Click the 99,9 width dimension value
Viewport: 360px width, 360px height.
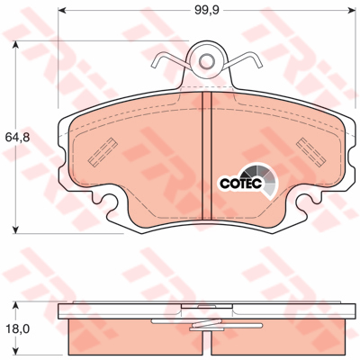[207, 10]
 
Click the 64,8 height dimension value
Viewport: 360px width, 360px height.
[17, 138]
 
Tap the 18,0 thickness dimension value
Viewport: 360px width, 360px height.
[17, 329]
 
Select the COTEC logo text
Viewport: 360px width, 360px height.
[241, 184]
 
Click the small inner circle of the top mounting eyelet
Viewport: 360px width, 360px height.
[207, 61]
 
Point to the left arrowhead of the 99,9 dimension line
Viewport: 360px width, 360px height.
[61, 11]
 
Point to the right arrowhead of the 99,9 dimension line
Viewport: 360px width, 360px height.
[352, 11]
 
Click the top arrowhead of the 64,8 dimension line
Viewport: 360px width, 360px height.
[15, 44]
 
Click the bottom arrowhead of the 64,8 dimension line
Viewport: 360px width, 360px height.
[15, 229]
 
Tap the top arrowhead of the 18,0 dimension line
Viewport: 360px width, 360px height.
[15, 306]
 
